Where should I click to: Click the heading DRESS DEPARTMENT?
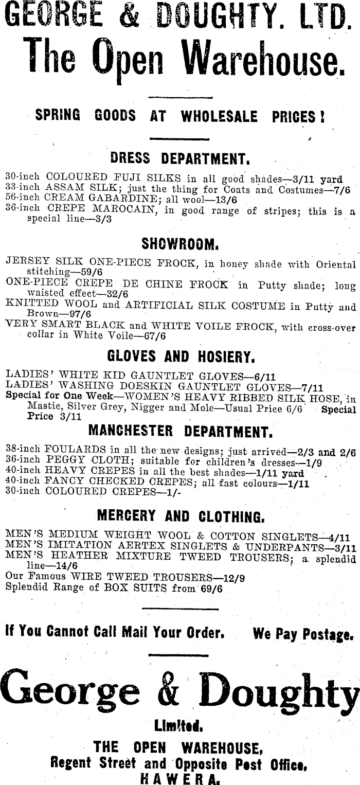click(180, 157)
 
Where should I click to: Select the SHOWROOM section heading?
click(180, 242)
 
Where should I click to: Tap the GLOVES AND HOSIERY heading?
click(179, 356)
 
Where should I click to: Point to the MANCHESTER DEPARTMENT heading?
click(180, 430)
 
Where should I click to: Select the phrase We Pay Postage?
click(303, 634)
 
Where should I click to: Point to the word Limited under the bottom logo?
click(178, 726)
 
